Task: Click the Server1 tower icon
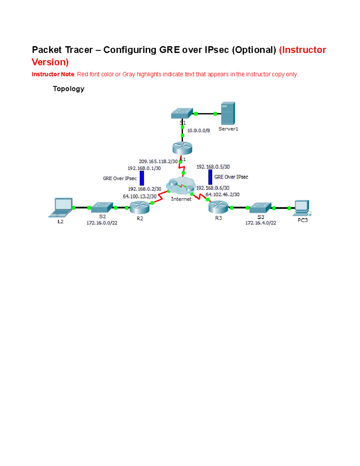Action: tap(228, 113)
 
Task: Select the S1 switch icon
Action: tap(182, 113)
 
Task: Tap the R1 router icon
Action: tap(182, 148)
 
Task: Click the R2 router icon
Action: tap(139, 207)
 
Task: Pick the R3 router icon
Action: tap(218, 207)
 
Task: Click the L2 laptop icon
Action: tap(61, 207)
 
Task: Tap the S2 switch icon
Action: tap(102, 207)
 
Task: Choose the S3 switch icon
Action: tap(260, 208)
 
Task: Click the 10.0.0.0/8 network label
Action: tap(199, 131)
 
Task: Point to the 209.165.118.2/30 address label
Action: tap(158, 161)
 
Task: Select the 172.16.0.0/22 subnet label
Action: tap(102, 223)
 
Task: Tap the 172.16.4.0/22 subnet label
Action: tap(260, 223)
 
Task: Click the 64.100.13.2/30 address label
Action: tap(139, 196)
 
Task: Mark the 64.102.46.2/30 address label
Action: tap(222, 194)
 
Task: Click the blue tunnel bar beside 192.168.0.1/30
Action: tap(142, 178)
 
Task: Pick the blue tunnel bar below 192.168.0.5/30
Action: tap(210, 177)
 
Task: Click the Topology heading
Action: tap(68, 89)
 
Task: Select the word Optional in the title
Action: tap(254, 50)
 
